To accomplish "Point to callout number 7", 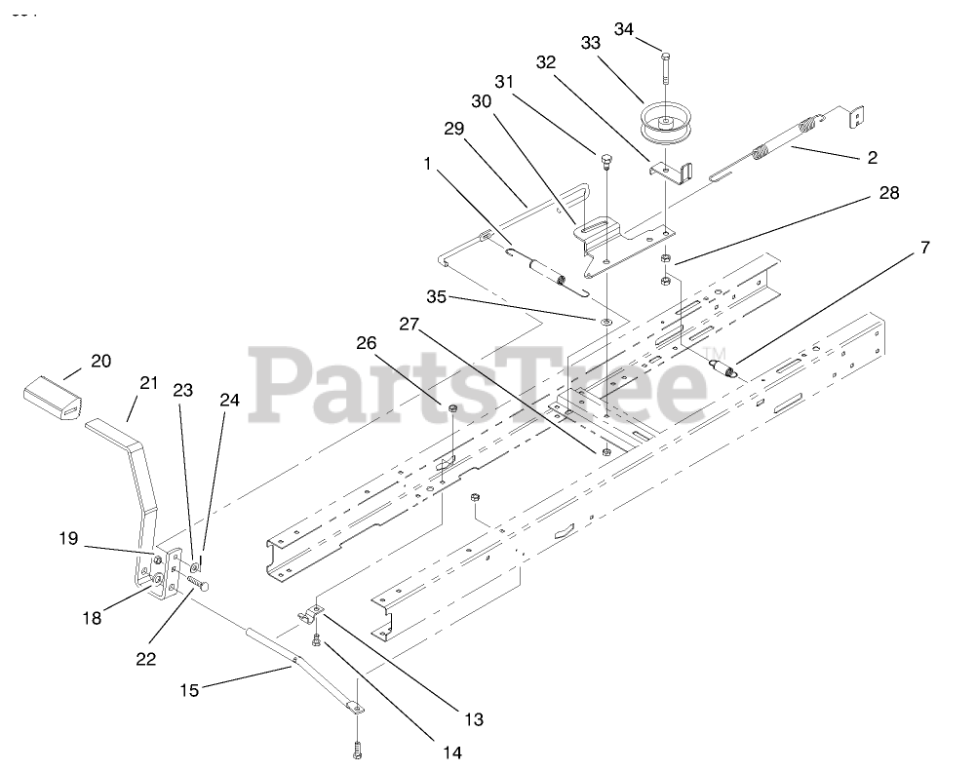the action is coord(924,249).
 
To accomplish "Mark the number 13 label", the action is coord(473,719).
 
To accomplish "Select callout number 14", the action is coord(450,752).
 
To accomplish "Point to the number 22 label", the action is coord(146,660).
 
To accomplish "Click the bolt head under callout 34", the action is coord(664,55).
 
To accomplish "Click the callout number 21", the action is coord(147,384).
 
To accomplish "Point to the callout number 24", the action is coord(228,399).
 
